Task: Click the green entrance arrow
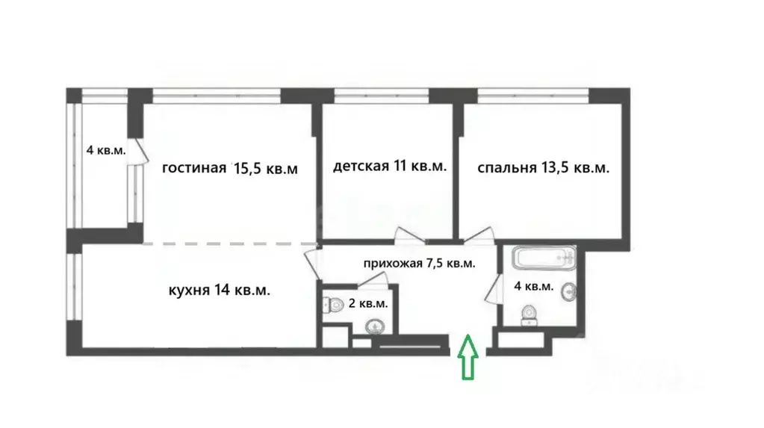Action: click(469, 356)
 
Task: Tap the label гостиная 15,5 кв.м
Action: click(231, 168)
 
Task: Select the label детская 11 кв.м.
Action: click(390, 167)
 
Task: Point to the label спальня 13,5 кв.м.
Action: click(543, 168)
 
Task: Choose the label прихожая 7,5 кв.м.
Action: click(420, 264)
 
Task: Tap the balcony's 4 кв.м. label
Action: click(106, 150)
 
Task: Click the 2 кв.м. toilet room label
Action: click(368, 303)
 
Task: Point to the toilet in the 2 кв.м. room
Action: click(330, 306)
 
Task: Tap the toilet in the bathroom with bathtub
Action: click(529, 314)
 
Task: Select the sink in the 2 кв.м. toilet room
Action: click(373, 326)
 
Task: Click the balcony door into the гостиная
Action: click(134, 149)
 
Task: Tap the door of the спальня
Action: click(478, 235)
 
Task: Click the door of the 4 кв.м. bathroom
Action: click(492, 289)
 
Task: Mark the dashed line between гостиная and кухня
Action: click(231, 244)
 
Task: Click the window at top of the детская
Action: click(382, 95)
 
